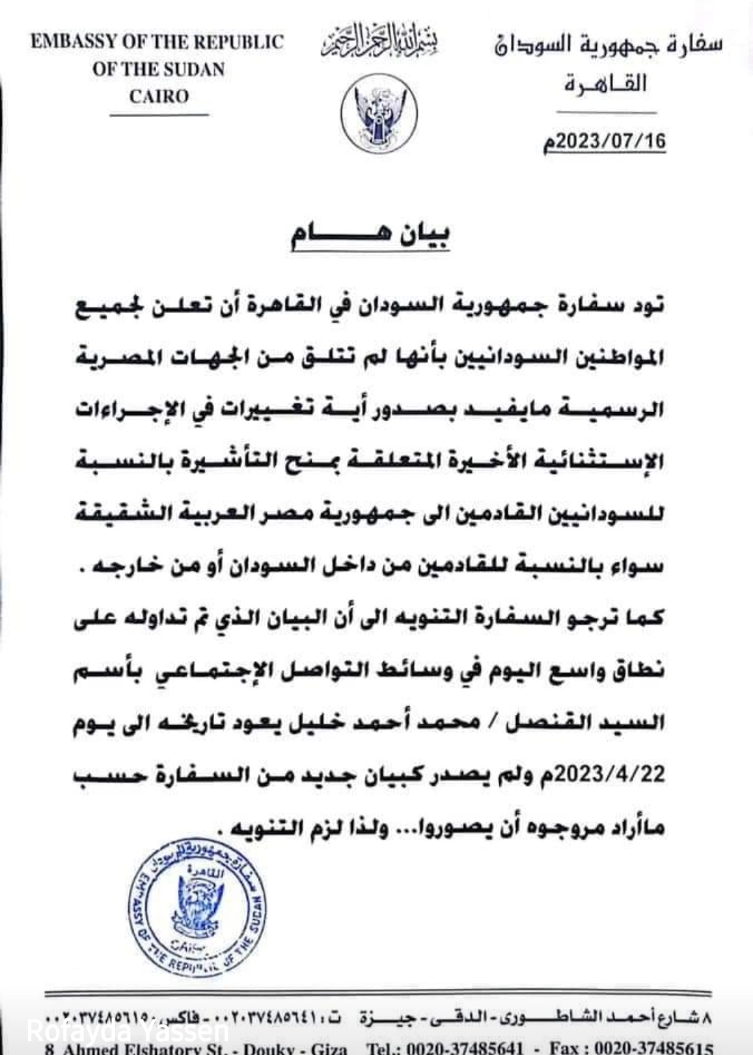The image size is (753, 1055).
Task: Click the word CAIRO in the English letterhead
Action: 159,96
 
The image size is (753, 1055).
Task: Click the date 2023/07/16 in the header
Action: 605,141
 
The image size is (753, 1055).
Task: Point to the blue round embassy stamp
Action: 197,906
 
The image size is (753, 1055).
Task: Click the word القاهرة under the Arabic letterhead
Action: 605,84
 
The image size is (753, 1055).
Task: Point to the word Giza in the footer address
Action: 328,1048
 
